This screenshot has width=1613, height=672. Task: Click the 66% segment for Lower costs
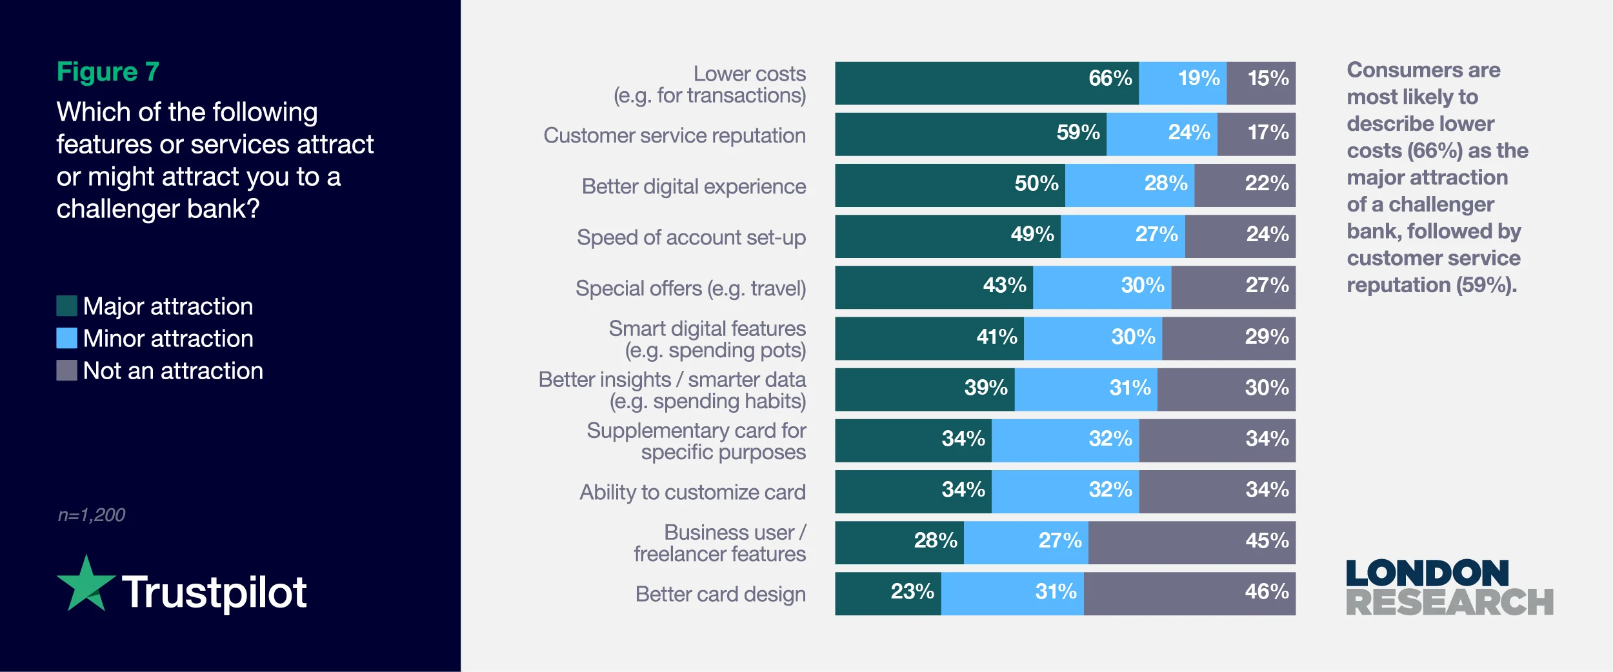click(x=987, y=83)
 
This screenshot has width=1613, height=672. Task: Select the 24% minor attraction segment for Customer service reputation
click(x=1161, y=134)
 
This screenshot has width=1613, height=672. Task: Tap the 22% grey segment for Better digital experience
click(x=1245, y=185)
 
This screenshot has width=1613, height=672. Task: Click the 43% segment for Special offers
click(x=934, y=287)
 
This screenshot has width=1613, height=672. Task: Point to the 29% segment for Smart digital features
click(x=1228, y=338)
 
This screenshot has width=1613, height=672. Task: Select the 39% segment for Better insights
click(x=925, y=389)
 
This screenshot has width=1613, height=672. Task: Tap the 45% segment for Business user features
click(x=1192, y=542)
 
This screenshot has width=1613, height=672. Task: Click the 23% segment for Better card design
click(x=888, y=593)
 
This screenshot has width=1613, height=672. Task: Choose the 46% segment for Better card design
click(x=1189, y=593)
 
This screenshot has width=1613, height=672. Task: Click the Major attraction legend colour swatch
click(x=66, y=306)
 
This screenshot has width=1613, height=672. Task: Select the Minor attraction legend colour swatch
click(x=66, y=338)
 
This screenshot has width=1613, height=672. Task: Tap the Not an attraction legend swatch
click(x=66, y=370)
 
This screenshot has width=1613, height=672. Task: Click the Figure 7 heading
click(x=108, y=72)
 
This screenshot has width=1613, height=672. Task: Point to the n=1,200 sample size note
click(x=91, y=515)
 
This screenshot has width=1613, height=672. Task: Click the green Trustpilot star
click(x=86, y=584)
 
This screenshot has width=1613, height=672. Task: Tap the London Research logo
click(x=1448, y=588)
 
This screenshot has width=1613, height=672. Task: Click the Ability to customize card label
click(x=692, y=492)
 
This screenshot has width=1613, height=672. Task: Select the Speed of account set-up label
click(x=691, y=237)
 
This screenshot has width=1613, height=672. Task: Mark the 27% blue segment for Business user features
click(x=1026, y=542)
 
